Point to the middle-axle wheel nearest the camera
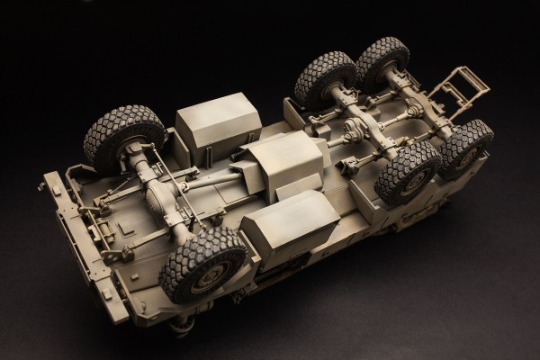[x=407, y=171]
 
